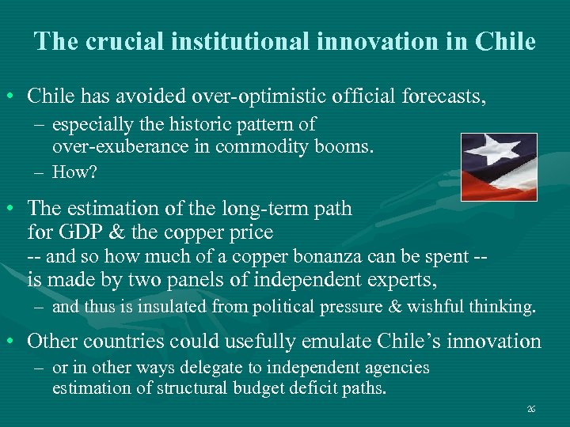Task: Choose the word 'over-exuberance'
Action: [x=112, y=145]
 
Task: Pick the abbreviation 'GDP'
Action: [x=78, y=232]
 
